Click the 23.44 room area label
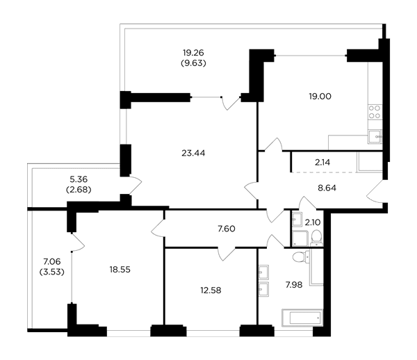(193, 153)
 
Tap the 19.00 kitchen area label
(320, 96)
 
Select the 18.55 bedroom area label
(120, 270)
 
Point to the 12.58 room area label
(211, 290)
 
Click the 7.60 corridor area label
(227, 229)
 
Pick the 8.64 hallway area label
(327, 188)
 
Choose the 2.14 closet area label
(322, 162)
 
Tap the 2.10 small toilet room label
(313, 222)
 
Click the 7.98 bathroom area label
(294, 285)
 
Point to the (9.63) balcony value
(193, 63)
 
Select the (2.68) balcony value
(79, 190)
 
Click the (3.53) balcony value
(52, 272)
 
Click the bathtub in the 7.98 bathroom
(302, 318)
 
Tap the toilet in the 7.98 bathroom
(301, 257)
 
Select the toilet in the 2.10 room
(316, 237)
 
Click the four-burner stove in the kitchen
(375, 112)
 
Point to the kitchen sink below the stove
(375, 137)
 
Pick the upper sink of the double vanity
(263, 272)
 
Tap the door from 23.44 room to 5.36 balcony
(135, 185)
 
